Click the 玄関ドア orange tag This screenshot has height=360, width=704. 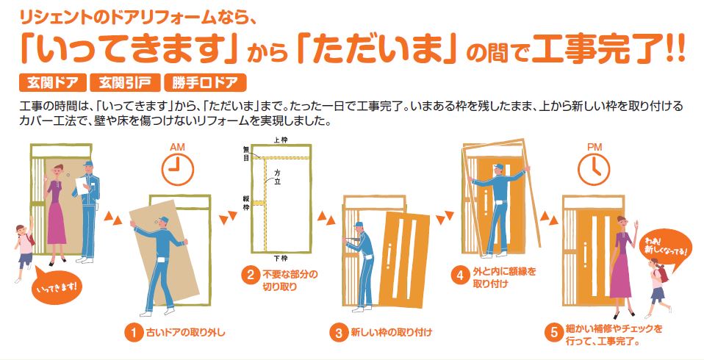(52, 82)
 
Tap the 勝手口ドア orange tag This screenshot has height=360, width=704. (205, 82)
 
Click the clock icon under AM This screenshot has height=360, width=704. (177, 170)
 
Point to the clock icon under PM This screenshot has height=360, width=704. (594, 170)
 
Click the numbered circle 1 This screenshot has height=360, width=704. (133, 333)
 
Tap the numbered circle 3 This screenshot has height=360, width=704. (339, 333)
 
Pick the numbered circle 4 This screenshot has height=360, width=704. (460, 275)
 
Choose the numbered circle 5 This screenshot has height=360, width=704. (554, 332)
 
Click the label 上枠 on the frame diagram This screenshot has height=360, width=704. (281, 140)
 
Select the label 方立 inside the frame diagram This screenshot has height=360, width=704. (277, 176)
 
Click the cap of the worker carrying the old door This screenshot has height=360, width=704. (163, 219)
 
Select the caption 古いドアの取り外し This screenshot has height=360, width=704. (185, 333)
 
